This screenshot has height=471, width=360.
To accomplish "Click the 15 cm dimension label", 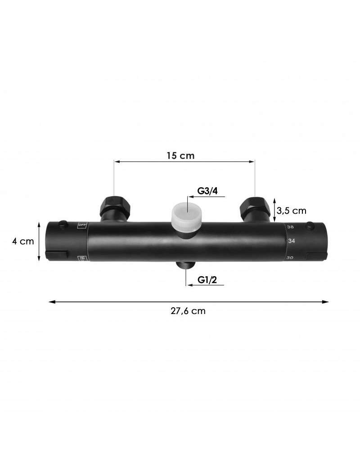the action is pos(180,156).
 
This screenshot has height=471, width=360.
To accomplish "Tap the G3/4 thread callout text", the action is pos(207,191).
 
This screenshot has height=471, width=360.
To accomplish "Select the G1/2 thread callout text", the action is pos(207,280).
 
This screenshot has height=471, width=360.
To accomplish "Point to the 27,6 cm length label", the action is pos(188,311).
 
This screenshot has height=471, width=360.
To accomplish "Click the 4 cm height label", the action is pos(23,241).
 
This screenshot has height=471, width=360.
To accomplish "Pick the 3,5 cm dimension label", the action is pos(292,211).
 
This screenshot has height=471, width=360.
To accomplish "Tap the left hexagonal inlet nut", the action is pos(115,206).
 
